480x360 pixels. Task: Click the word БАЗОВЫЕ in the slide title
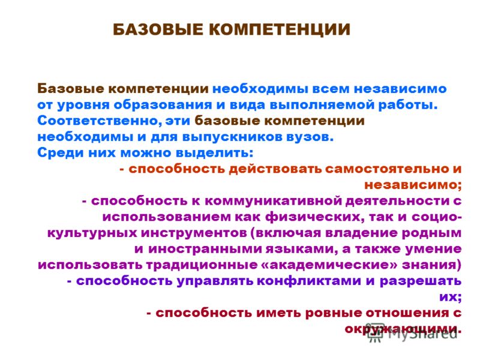coord(158,29)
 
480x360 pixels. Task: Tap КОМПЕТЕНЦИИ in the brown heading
coord(280,30)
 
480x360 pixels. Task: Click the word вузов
coord(310,137)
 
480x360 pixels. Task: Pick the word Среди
coord(61,153)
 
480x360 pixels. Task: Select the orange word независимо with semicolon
coord(413,185)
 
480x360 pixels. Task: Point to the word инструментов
coord(193,233)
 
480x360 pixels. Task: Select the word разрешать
coord(421,281)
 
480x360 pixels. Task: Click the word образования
coord(163,105)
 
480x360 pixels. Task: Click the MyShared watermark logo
coord(413,332)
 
